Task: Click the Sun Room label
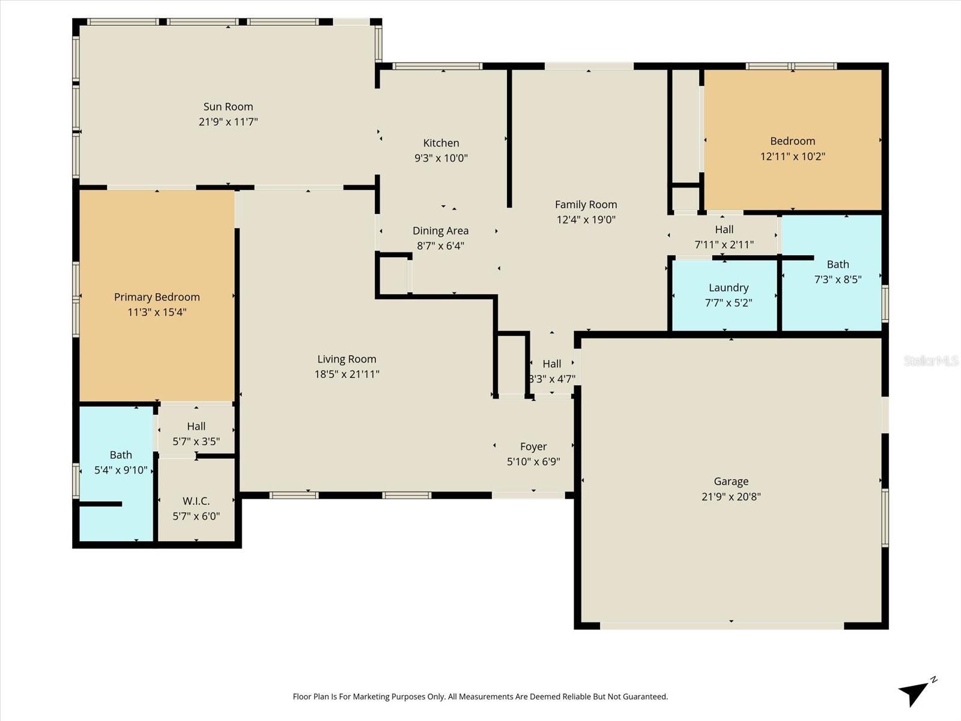[x=228, y=107]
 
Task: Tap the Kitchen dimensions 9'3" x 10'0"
[x=441, y=158]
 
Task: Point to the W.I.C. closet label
[x=196, y=501]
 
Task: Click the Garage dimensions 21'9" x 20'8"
[x=731, y=496]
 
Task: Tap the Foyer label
[x=533, y=446]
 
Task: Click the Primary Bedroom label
[x=157, y=297]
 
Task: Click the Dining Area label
[x=440, y=231]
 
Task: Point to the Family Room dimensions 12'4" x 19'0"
[x=586, y=219]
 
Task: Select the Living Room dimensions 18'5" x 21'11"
[x=347, y=374]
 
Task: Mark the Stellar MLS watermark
[x=930, y=360]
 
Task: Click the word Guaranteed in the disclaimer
[x=644, y=697]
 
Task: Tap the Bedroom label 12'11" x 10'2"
[x=792, y=141]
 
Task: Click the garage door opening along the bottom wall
[x=721, y=626]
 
